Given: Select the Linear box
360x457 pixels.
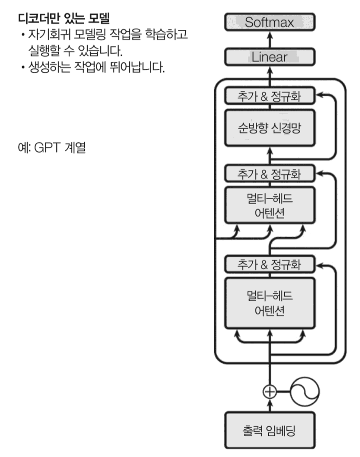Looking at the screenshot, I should tap(270, 57).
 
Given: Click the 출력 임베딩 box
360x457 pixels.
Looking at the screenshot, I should tap(270, 430).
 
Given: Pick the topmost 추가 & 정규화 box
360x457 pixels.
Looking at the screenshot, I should tap(270, 96).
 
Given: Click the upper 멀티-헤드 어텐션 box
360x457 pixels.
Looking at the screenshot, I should tap(270, 205).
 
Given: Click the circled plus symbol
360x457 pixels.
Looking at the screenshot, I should tap(270, 391).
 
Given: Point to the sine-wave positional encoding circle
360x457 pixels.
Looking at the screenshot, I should tap(306, 391).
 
